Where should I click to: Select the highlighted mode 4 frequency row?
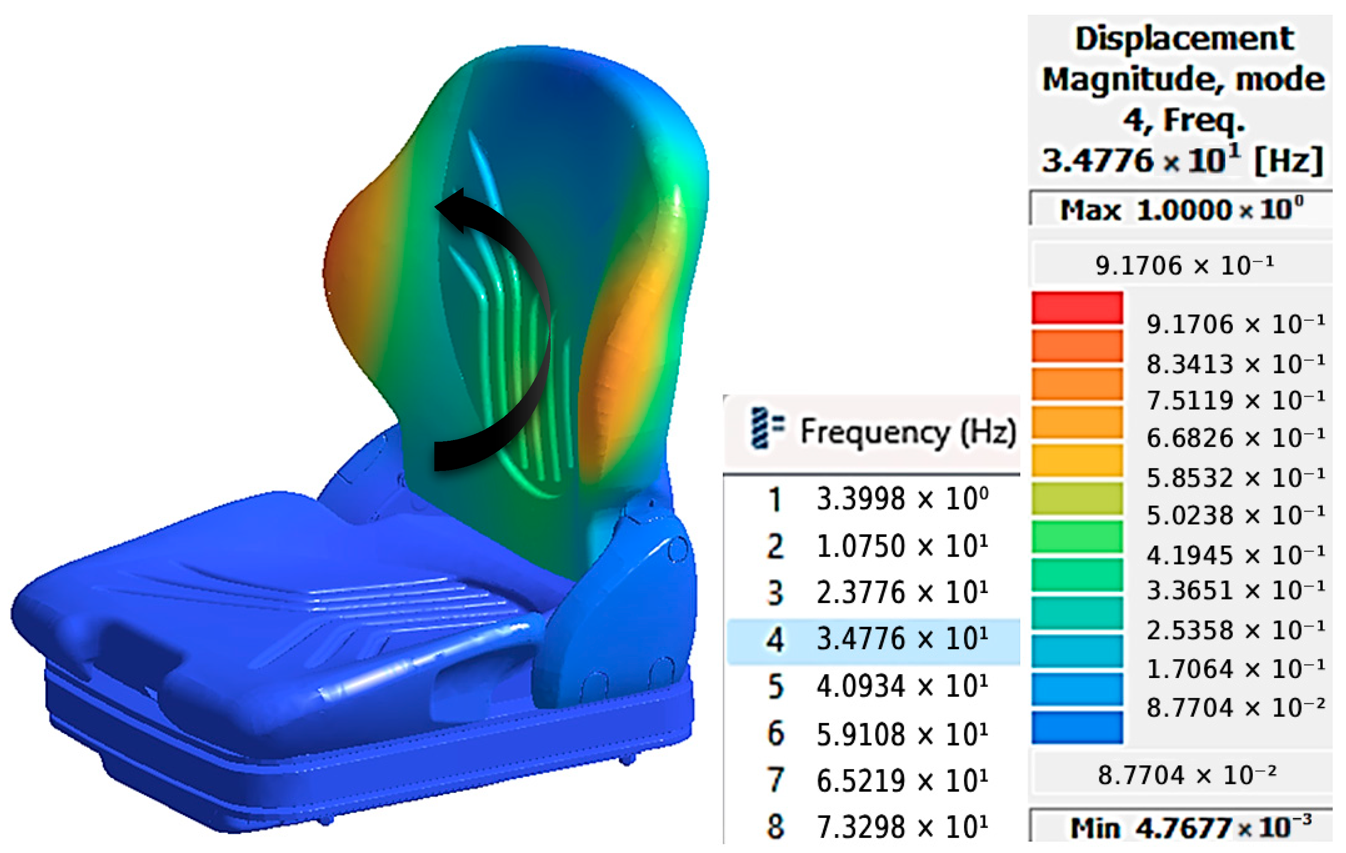(873, 641)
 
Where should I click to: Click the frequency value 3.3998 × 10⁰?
(902, 499)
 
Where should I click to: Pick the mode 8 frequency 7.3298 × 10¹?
(902, 827)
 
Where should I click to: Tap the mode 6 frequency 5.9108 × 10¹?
(902, 734)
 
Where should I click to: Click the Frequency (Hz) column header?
(908, 432)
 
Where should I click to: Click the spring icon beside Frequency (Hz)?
(767, 428)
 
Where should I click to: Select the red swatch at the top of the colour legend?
(1077, 307)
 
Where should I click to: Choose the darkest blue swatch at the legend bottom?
(1077, 727)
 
